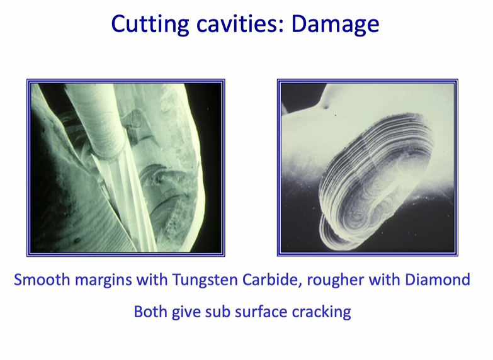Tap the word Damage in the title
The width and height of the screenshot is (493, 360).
336,24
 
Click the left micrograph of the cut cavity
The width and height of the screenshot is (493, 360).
125,167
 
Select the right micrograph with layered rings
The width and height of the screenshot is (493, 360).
367,167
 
